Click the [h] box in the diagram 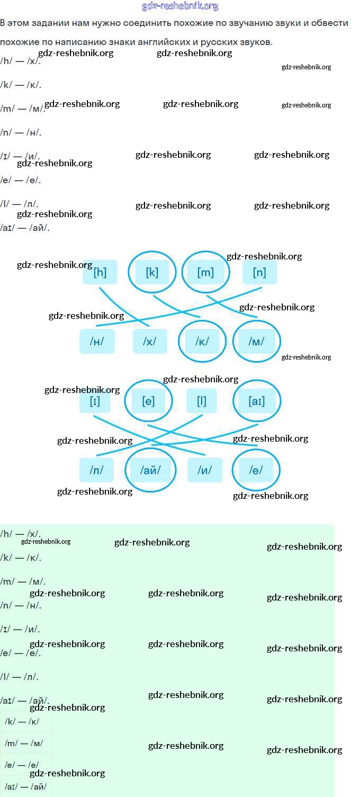click(x=100, y=273)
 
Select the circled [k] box click(x=152, y=273)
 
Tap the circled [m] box click(x=205, y=273)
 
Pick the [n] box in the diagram click(x=259, y=273)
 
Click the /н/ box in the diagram click(x=96, y=342)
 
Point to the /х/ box click(x=150, y=342)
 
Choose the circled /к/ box click(x=202, y=342)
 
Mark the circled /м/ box click(x=256, y=342)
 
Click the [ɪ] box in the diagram click(x=95, y=401)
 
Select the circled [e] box click(x=148, y=401)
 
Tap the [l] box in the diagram click(x=202, y=401)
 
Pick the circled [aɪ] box click(x=257, y=401)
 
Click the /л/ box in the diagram click(x=96, y=470)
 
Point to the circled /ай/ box click(x=150, y=470)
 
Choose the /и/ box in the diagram click(x=205, y=470)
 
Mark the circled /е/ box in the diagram click(x=256, y=470)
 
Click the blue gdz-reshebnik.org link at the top click(x=180, y=6)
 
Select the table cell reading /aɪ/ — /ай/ click(x=25, y=786)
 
